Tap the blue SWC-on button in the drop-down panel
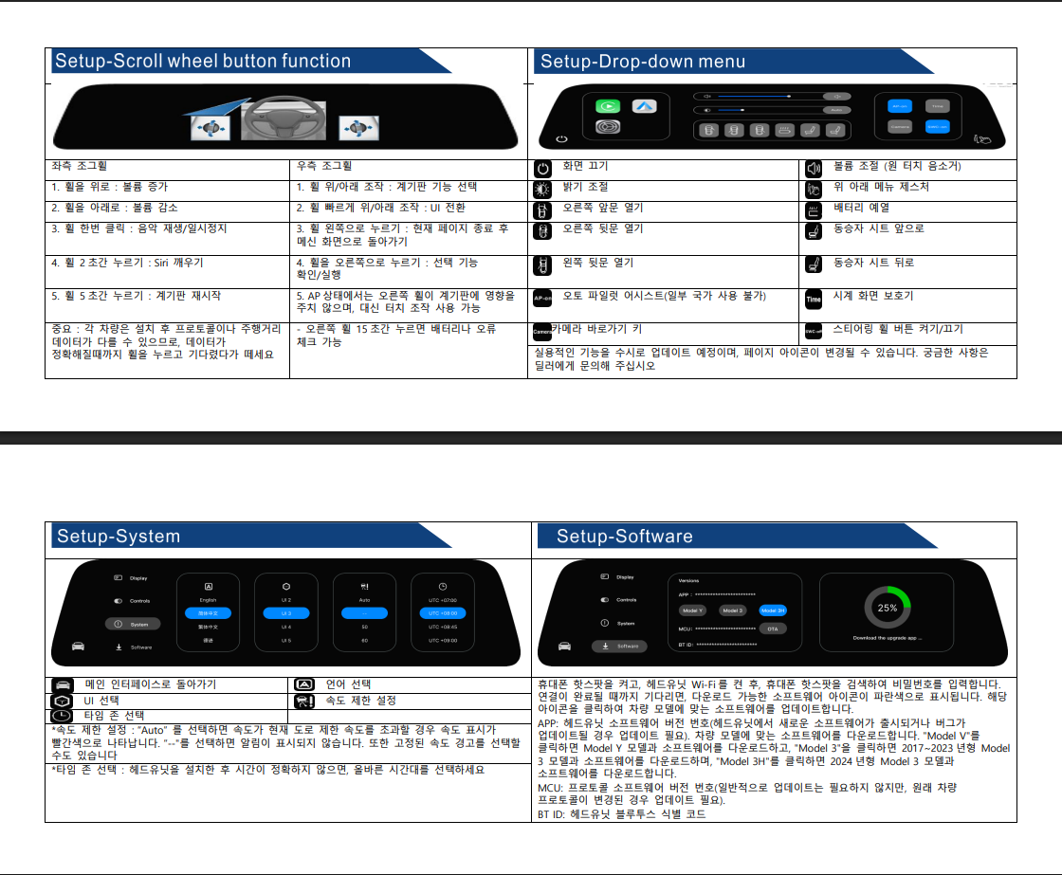937,126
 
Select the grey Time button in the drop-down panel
937,106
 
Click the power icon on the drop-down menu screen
561,139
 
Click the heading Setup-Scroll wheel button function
203,62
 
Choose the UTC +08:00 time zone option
443,613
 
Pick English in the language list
209,600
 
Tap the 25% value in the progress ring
888,608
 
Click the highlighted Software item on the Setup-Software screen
619,646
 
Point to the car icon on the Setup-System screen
79,646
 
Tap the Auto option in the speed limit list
364,600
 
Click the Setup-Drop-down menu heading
642,63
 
